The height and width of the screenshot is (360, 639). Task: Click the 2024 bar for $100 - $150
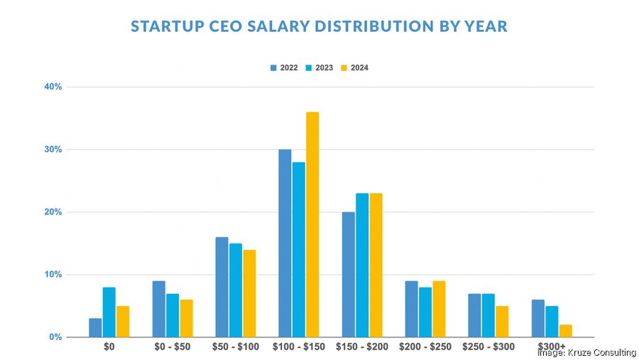pos(312,224)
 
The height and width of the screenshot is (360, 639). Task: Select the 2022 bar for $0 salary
pos(95,327)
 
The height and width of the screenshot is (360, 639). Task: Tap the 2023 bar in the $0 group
pos(109,312)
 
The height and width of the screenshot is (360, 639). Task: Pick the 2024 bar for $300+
pos(565,330)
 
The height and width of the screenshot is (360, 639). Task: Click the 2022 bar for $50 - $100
pos(222,287)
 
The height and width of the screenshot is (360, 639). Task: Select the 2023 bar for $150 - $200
pos(362,265)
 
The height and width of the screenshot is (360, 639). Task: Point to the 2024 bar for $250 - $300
pos(502,321)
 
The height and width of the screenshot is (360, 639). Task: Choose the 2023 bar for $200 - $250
pos(425,312)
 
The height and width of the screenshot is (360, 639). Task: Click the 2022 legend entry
pos(284,68)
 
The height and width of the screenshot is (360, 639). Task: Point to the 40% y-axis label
pos(53,87)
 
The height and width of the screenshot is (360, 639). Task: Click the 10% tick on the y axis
pos(53,275)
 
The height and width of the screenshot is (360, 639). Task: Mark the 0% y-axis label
pos(55,337)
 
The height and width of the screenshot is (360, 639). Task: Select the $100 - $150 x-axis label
pos(298,347)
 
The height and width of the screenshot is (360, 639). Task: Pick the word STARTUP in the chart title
pos(163,27)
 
